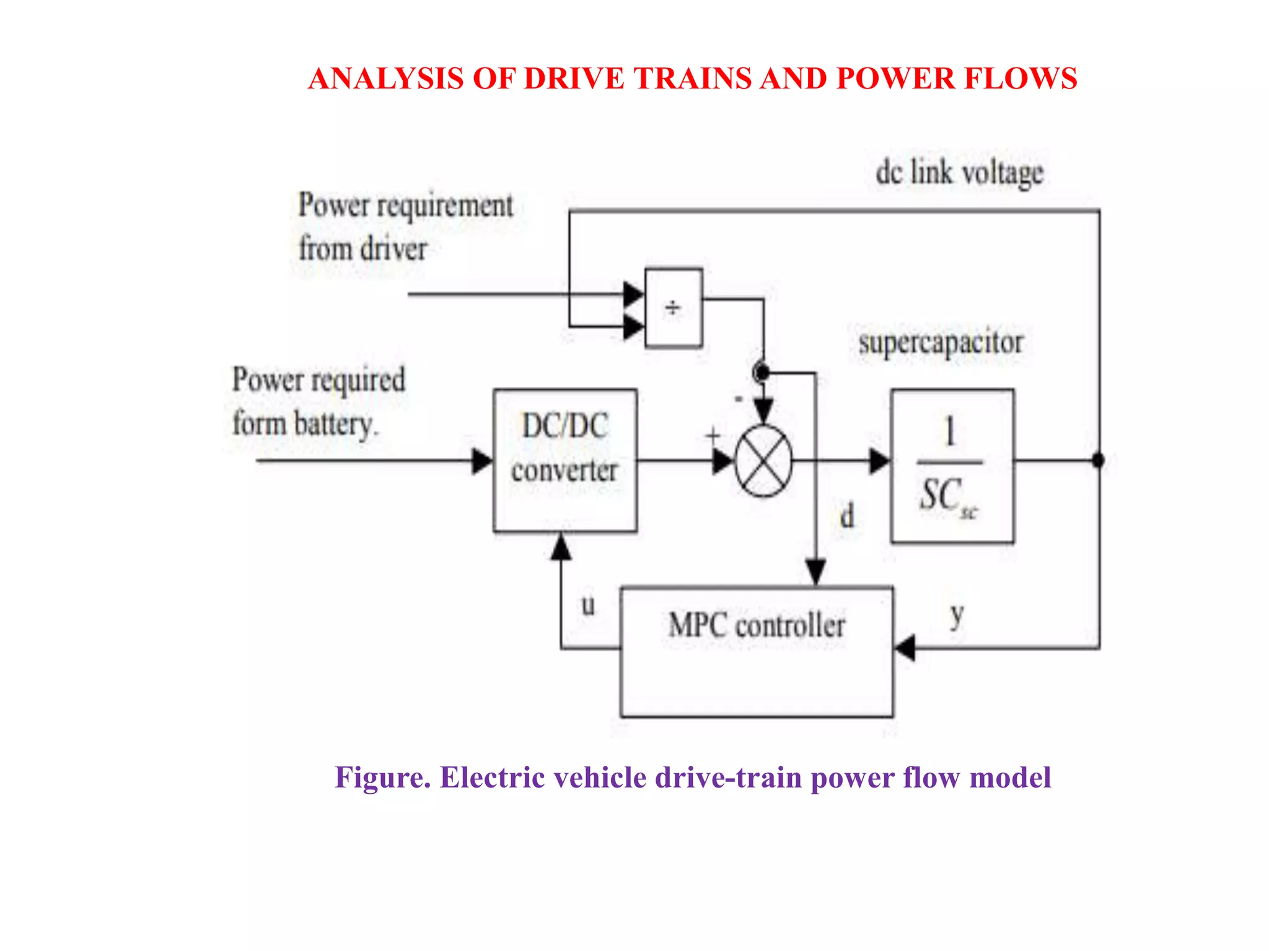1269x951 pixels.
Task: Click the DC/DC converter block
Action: tap(564, 460)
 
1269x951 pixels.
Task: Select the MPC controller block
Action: tap(757, 651)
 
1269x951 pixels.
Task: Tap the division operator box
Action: tap(674, 308)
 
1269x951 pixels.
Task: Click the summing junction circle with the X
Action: tap(763, 461)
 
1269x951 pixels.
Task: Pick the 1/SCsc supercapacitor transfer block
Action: tap(952, 466)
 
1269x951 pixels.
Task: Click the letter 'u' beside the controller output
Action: tap(588, 605)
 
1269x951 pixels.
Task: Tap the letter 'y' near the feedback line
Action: tap(957, 616)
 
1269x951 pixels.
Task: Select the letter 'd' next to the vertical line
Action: tap(847, 516)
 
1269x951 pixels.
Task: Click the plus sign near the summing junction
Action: tap(713, 435)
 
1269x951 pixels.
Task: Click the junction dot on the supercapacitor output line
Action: tap(1098, 461)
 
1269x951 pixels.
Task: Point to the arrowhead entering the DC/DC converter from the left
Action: tap(482, 461)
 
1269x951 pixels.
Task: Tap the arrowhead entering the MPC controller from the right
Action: tap(905, 648)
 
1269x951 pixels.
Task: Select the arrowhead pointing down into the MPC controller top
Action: tap(815, 571)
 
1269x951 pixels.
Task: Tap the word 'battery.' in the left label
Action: tap(335, 425)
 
